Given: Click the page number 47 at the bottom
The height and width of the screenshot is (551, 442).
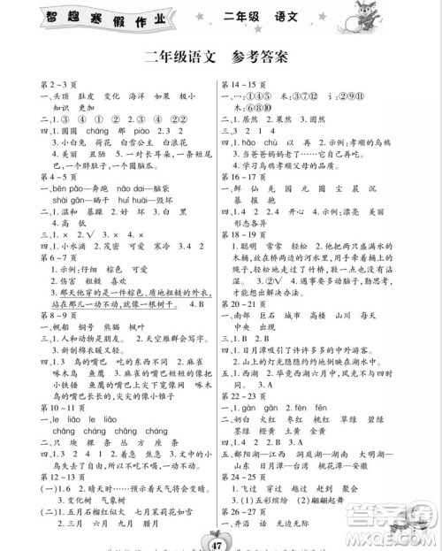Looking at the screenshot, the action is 221,537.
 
